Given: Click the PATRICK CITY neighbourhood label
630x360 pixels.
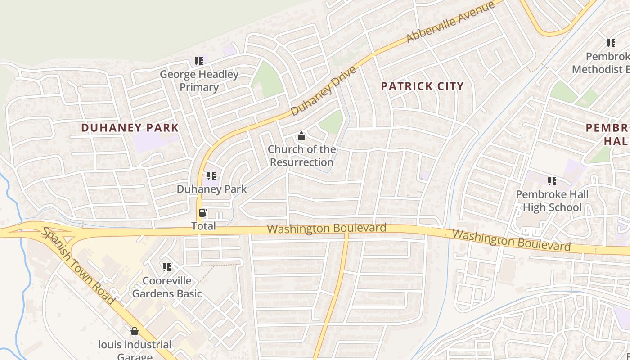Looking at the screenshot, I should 422,86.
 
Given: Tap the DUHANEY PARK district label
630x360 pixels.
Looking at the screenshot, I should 130,128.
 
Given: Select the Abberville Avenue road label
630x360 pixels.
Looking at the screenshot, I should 450,22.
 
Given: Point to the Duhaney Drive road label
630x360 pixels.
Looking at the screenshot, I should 324,91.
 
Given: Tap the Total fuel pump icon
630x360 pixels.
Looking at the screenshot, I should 203,213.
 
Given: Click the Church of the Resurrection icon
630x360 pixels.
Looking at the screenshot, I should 301,136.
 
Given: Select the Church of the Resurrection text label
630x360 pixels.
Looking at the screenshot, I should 301,156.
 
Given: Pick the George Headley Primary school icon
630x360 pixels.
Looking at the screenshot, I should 198,61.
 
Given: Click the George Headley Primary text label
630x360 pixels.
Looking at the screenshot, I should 199,81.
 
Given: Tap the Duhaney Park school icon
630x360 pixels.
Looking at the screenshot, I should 211,176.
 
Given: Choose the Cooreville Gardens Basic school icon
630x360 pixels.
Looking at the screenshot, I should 167,268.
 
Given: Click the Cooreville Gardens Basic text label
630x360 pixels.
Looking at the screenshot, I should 167,287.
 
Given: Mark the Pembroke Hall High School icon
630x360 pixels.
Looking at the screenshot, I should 552,181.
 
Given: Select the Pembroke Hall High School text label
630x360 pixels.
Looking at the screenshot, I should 552,201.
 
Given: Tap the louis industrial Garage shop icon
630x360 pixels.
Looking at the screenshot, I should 134,332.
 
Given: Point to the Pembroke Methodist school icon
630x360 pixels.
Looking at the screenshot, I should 611,43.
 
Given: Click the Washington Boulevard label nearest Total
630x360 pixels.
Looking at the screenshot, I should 327,228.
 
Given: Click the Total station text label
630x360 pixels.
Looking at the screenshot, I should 203,226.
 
